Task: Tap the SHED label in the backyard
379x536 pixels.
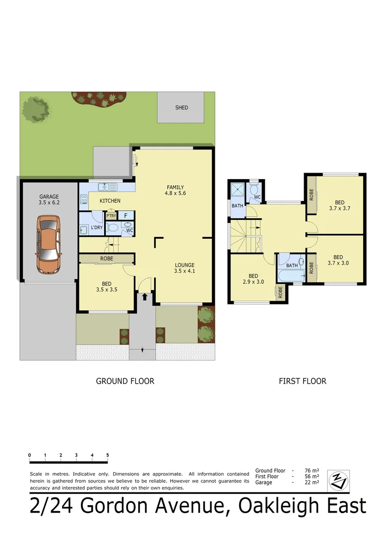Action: coord(182,108)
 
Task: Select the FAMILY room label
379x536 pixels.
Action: coord(175,190)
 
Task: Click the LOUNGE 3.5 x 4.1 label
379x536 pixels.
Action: coord(184,268)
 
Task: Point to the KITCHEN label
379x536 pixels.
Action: coord(110,201)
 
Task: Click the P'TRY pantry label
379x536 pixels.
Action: coord(111,216)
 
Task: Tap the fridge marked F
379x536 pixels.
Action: coord(126,215)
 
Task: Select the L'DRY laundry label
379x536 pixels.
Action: coord(96,228)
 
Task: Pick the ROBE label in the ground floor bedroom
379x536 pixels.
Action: coord(106,259)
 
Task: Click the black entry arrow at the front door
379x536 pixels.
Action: coord(144,297)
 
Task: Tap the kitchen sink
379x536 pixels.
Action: coord(107,187)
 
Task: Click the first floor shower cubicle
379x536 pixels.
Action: coord(237,190)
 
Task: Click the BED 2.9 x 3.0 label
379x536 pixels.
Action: coord(253,279)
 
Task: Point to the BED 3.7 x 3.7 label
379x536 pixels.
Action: coord(339,205)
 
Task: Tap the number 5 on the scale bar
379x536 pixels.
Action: coord(107,455)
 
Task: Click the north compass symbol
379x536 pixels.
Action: coord(339,479)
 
